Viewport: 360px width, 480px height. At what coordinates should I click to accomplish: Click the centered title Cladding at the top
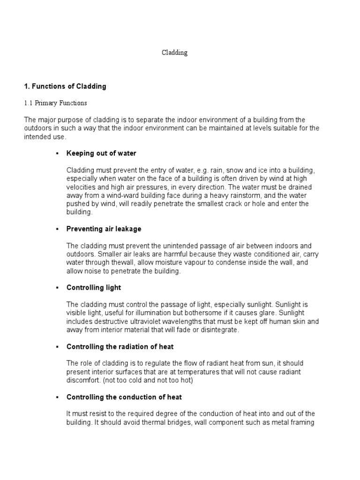point(175,53)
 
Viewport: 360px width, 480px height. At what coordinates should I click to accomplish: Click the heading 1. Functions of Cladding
point(65,86)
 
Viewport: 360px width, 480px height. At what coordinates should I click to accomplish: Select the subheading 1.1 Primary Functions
point(55,103)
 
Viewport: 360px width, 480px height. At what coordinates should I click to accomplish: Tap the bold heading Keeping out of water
point(101,153)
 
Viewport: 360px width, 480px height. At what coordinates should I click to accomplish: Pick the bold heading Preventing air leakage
point(104,229)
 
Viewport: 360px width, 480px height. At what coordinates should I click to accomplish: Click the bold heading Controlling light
point(94,287)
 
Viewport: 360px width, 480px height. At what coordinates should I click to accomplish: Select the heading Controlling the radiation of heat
point(120,346)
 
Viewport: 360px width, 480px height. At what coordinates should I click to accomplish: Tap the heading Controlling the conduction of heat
point(124,397)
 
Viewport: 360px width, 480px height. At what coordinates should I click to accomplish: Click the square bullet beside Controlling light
point(56,288)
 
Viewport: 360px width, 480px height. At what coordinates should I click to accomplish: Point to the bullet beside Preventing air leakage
point(56,229)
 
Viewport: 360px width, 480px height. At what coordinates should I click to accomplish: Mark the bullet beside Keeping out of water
point(56,154)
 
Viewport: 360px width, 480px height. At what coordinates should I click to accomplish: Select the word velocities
point(81,187)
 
